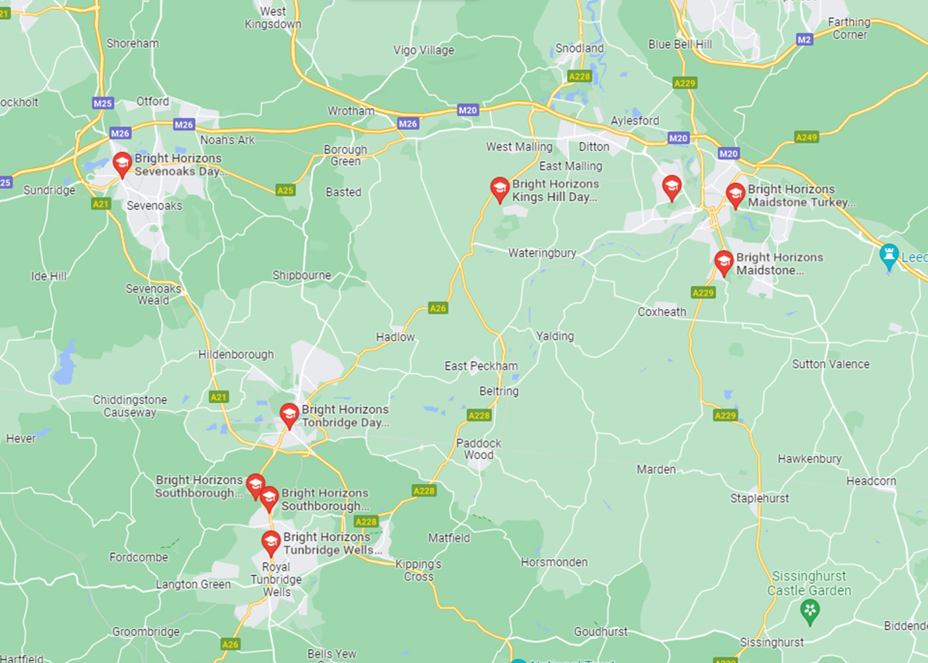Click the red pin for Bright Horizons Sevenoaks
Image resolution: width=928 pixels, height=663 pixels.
click(x=122, y=164)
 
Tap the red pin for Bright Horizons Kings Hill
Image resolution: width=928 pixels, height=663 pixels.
click(x=500, y=189)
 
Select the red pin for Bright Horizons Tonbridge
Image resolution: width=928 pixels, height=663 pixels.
click(x=289, y=415)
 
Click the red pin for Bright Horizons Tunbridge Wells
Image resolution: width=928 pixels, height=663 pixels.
click(x=271, y=542)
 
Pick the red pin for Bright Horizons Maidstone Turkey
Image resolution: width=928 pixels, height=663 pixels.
click(x=735, y=195)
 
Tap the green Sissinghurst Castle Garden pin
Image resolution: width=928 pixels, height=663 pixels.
click(x=809, y=611)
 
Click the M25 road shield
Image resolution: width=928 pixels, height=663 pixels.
click(x=103, y=103)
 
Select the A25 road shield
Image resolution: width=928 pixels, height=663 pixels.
click(x=285, y=190)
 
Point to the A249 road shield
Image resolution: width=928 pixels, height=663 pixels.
click(x=806, y=137)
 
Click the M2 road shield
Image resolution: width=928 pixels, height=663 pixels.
click(x=804, y=40)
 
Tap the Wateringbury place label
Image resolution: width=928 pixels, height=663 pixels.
click(x=542, y=253)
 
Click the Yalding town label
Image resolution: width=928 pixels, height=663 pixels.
click(x=555, y=336)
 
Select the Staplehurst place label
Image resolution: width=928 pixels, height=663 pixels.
click(x=759, y=498)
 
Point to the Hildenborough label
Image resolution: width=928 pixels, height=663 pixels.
click(x=236, y=355)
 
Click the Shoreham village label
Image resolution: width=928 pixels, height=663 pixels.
click(x=133, y=44)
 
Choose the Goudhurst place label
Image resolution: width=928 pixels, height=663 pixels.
click(x=601, y=632)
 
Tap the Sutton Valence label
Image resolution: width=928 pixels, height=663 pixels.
click(x=831, y=364)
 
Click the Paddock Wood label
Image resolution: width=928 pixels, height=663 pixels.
click(x=479, y=449)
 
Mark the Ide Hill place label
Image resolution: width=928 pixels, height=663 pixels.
click(x=49, y=276)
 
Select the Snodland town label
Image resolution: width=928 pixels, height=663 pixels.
click(x=579, y=48)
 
